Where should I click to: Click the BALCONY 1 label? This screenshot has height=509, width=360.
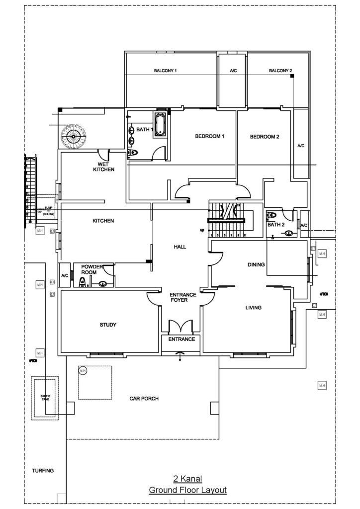point(166,71)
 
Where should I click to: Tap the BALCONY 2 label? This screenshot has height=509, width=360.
point(280,71)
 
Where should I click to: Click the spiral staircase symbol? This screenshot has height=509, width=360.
point(73,135)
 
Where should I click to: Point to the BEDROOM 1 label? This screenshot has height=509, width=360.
point(210,136)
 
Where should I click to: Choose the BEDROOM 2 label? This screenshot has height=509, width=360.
point(265,136)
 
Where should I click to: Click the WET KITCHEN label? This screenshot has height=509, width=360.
point(103,167)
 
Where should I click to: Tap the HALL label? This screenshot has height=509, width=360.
point(180,247)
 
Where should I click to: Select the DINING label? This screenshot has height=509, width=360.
point(256,265)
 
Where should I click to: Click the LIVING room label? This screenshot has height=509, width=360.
point(253,308)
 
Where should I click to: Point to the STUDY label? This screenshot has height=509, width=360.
point(108,325)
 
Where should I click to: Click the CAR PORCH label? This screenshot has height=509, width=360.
point(144,398)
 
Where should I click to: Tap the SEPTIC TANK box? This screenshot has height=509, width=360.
point(45,398)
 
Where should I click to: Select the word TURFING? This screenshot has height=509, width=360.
point(43,470)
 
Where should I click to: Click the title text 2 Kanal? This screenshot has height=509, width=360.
point(187,479)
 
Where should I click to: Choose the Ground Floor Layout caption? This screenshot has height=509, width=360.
point(187,490)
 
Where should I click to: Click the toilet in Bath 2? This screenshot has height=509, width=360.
point(271,216)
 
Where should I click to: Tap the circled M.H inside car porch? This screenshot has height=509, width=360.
point(83,371)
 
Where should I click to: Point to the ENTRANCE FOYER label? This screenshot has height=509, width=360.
point(183,297)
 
